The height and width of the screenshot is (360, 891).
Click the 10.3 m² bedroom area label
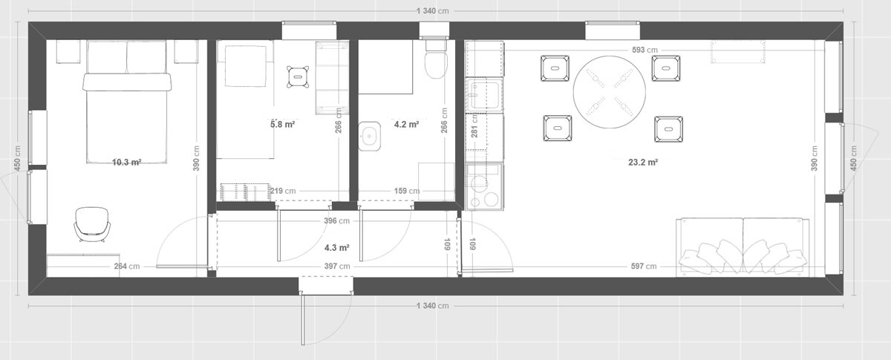127,163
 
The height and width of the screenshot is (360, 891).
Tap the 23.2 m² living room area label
643,163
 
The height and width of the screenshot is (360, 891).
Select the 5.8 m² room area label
282,124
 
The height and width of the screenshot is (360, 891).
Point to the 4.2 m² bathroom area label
407,124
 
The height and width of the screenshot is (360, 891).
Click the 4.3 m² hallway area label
336,248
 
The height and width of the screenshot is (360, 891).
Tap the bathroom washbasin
370,137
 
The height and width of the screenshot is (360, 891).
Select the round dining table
610,92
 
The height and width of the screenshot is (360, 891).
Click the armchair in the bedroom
92,224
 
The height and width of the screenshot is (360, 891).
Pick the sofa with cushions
742,246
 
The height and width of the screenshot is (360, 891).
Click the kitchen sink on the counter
484,95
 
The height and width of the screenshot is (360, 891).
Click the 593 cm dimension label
644,50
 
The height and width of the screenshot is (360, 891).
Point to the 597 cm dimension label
644,266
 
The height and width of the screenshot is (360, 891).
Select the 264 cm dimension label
127,266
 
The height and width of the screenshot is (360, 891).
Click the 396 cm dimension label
336,220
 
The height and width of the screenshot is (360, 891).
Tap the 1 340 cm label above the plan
433,10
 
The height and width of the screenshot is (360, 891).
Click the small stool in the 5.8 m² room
298,76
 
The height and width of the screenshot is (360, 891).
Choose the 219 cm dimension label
283,191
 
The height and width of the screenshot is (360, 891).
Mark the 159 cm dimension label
407,191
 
